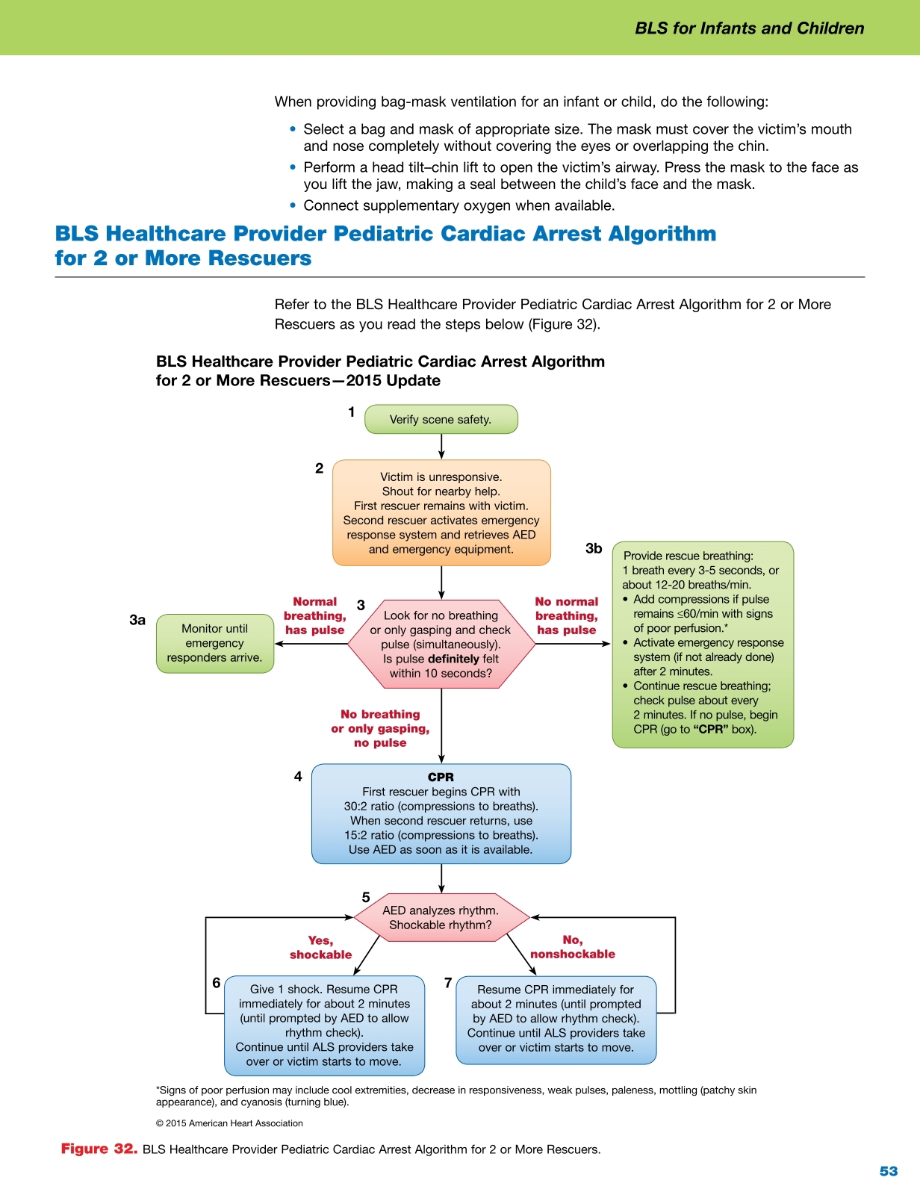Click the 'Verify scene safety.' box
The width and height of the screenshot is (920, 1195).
[x=441, y=419]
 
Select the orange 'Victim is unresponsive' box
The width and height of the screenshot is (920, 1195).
[x=441, y=512]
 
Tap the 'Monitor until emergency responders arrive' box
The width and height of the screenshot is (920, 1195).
[x=214, y=643]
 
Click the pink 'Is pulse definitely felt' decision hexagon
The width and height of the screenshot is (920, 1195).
[x=441, y=644]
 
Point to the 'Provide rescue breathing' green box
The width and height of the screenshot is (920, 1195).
[x=703, y=643]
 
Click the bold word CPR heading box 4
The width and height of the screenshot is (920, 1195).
[x=441, y=777]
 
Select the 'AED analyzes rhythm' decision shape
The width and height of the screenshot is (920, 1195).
[x=441, y=917]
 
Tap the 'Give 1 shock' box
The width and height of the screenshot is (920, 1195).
[x=324, y=1025]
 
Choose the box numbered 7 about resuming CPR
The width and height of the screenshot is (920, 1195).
[x=556, y=1018]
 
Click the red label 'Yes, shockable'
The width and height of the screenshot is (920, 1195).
[x=321, y=947]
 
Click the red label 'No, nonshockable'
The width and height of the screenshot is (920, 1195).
[x=573, y=947]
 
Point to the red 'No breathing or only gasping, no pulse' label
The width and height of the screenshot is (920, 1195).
[x=380, y=728]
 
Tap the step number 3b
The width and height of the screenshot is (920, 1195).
[x=594, y=549]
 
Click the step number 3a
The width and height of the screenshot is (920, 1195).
[x=137, y=620]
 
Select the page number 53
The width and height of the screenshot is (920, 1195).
[x=888, y=1171]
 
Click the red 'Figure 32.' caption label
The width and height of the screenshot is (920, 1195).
[x=99, y=1149]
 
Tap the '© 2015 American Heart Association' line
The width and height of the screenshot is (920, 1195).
[x=229, y=1123]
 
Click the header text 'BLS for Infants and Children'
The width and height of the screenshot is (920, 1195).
[x=749, y=28]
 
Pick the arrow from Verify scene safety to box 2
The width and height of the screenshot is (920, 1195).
[x=441, y=446]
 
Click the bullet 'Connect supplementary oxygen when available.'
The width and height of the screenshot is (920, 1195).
[x=459, y=205]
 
